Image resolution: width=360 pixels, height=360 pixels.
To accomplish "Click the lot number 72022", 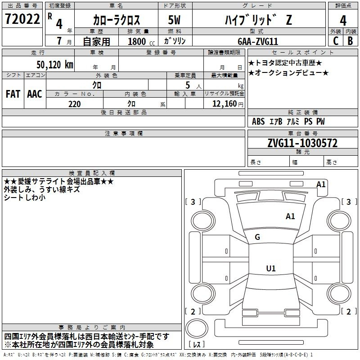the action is [x=22, y=19].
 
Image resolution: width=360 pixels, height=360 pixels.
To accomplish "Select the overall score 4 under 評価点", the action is [x=343, y=20].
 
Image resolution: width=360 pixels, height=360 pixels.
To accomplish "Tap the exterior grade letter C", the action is [x=336, y=41].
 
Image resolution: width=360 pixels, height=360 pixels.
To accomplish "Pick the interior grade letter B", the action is [x=350, y=41].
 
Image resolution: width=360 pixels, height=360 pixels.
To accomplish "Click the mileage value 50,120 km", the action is [x=55, y=65].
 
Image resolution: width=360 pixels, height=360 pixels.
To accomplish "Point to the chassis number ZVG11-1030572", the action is [x=302, y=143].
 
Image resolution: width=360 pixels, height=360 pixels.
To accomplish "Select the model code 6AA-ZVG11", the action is [x=258, y=41].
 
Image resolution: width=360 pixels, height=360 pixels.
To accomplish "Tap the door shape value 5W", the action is [x=174, y=20].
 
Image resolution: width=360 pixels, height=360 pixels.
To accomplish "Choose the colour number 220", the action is [x=74, y=104].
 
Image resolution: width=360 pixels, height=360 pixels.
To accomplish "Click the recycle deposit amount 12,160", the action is [x=225, y=104].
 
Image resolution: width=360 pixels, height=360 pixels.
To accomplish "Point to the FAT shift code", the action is [x=13, y=94].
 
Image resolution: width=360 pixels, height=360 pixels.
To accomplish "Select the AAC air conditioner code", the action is [x=35, y=94].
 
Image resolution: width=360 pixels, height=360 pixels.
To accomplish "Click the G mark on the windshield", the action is [x=257, y=237].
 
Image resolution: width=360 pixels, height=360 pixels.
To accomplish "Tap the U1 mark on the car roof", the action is [x=271, y=268].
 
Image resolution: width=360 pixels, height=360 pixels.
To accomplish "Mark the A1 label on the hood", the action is [x=290, y=216].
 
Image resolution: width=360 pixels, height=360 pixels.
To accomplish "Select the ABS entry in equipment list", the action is [x=258, y=121].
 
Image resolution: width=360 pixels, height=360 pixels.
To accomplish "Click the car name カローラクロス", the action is [x=117, y=20].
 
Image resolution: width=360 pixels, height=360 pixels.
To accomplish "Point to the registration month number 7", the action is [x=59, y=41].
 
